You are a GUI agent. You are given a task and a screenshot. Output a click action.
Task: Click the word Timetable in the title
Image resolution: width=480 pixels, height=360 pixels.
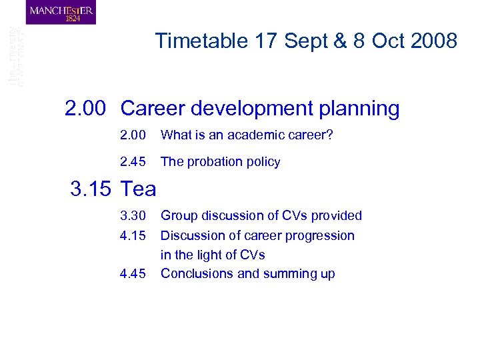point(201,41)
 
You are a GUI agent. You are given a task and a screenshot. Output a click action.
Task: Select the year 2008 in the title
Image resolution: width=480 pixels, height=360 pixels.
point(434,41)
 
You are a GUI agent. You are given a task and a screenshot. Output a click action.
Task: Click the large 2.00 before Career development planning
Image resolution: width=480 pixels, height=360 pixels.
point(85,109)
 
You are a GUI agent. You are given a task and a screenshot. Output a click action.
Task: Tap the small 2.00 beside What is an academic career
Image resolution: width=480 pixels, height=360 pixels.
point(133,135)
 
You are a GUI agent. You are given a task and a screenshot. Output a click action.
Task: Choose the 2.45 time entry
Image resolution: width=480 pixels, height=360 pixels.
point(133,162)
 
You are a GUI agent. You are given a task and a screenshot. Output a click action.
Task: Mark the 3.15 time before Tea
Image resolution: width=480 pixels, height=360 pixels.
point(92,189)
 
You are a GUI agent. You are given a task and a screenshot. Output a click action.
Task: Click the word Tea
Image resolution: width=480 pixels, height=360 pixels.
point(138,189)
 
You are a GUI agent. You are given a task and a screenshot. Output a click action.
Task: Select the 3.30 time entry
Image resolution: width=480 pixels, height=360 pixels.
point(133,215)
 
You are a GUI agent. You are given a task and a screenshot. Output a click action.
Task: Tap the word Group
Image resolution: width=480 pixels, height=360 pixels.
point(179,215)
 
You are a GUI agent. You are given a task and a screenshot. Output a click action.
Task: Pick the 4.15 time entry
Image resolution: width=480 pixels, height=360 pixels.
point(133,235)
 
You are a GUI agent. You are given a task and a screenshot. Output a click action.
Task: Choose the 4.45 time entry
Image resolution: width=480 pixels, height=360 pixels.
point(133,273)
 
